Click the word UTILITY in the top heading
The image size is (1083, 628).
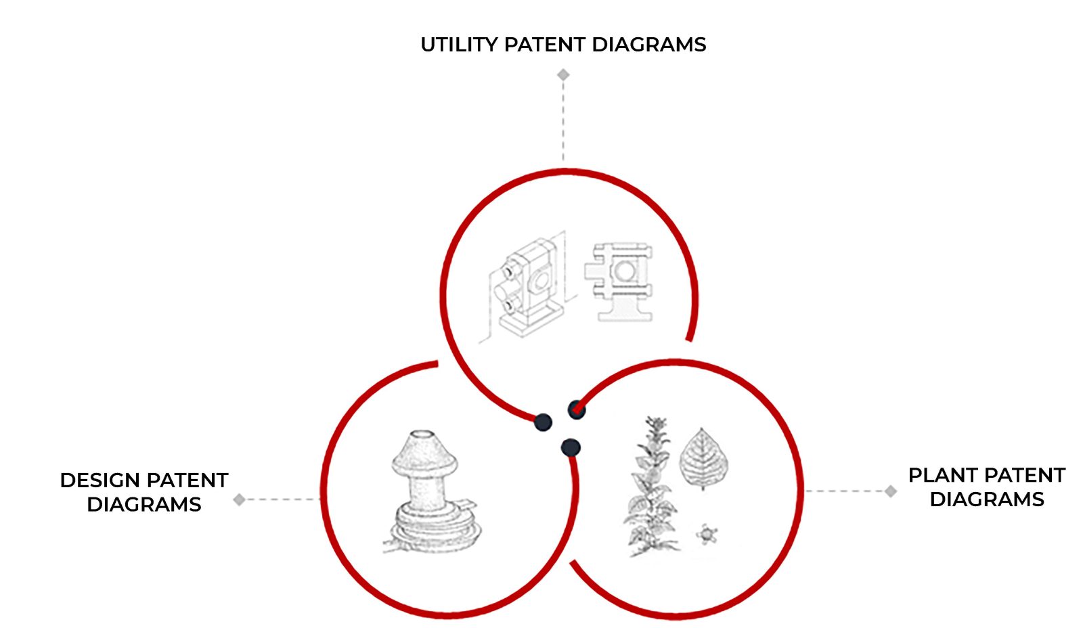coord(459,45)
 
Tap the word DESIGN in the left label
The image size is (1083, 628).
coord(100,480)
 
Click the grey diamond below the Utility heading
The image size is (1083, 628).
coord(563,74)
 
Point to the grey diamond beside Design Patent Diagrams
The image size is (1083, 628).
coord(239,500)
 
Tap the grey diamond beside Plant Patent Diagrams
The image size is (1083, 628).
coord(891,491)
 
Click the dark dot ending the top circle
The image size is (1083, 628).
coord(543,423)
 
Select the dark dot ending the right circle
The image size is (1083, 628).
coord(576,409)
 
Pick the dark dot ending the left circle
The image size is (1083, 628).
coord(571,447)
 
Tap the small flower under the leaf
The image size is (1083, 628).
coord(706,535)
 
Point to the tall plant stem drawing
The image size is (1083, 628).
coord(650,487)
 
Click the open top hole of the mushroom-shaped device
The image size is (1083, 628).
coord(424,435)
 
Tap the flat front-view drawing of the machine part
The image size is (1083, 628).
coord(620,281)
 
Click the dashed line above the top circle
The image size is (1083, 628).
coord(563,122)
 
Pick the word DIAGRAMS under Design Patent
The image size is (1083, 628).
coord(144,505)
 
